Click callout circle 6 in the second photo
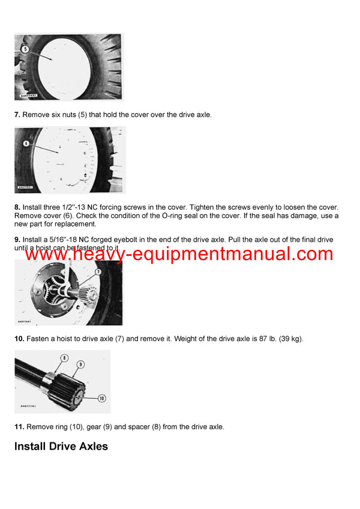point(25,144)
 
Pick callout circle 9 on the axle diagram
point(80,364)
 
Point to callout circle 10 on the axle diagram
point(101,397)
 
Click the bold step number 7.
point(17,115)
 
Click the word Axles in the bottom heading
point(92,447)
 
